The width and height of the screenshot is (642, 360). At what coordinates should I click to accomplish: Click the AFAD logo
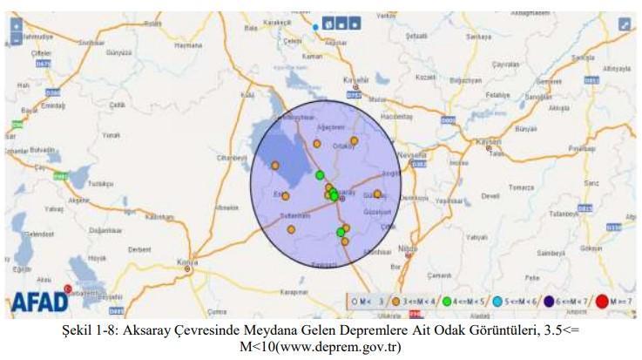tap(39, 302)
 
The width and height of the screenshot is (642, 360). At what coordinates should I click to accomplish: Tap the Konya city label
tap(186, 261)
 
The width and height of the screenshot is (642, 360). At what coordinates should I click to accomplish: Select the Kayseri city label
tap(491, 141)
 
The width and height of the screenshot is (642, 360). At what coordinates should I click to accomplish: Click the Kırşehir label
tap(356, 80)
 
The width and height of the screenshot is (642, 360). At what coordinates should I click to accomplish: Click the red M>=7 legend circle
tap(602, 302)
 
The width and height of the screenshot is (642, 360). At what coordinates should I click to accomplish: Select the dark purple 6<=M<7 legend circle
tap(550, 302)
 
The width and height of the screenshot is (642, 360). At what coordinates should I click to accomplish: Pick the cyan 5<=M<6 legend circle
tap(497, 302)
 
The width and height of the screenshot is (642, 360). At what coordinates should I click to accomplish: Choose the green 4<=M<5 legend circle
tap(446, 302)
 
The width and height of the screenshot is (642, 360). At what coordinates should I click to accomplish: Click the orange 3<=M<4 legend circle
tap(395, 302)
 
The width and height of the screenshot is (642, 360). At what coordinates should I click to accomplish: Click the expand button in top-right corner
tap(624, 24)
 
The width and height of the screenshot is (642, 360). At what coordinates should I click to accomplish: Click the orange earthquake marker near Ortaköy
tap(354, 140)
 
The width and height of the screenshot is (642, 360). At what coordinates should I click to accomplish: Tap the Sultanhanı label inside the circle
tap(294, 214)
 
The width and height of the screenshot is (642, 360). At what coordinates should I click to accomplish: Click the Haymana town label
tap(187, 45)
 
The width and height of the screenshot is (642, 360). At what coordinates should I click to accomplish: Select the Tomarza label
tap(521, 187)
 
